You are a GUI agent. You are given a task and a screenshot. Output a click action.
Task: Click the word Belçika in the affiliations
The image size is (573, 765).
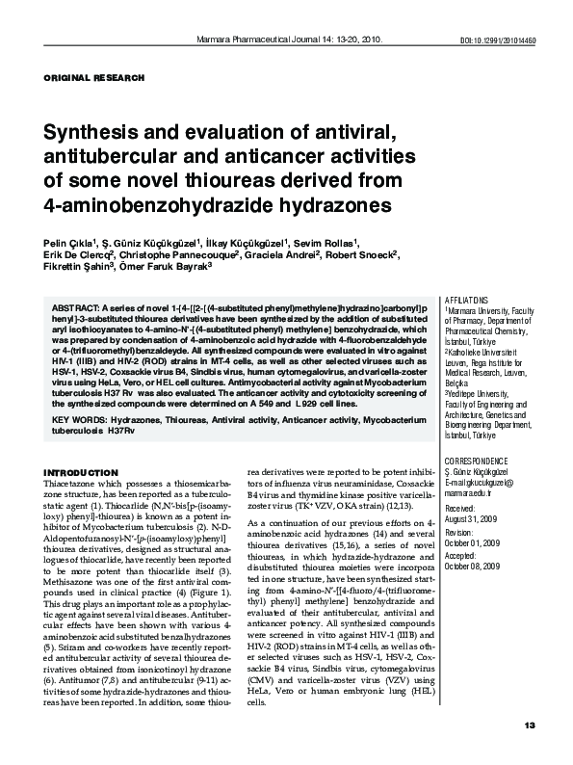[x=458, y=382]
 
